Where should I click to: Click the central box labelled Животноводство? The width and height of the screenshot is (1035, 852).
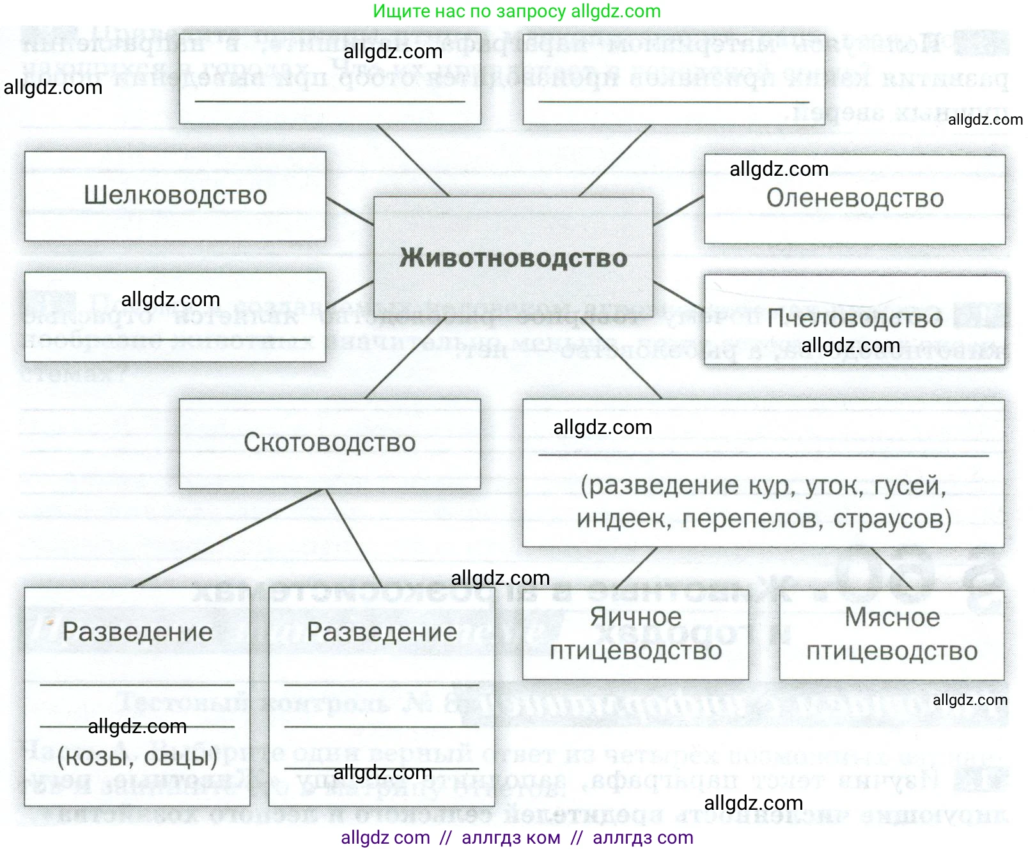[513, 258]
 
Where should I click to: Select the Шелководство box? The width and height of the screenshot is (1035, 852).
[175, 196]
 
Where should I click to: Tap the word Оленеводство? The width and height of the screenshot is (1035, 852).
[855, 198]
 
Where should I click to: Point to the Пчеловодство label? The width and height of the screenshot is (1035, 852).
[855, 318]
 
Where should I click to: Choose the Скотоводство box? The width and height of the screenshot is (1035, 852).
[329, 443]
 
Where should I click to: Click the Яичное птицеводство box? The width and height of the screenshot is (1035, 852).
[635, 634]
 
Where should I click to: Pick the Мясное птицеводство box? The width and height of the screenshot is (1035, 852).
[892, 634]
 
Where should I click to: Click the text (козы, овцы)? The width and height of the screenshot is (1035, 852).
[137, 757]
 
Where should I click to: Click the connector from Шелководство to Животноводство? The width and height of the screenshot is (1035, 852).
[350, 210]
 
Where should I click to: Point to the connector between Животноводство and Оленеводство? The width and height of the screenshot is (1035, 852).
[678, 210]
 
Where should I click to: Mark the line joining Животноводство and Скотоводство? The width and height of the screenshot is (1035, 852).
[406, 358]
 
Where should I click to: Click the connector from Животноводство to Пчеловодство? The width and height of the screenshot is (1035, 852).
[678, 295]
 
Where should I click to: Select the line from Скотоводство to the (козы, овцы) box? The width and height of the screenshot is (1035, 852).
[230, 538]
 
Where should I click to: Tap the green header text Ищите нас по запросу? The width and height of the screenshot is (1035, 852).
[469, 11]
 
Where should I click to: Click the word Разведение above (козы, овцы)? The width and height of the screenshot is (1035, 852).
[137, 632]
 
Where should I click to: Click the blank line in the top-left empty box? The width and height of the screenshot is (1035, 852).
[329, 101]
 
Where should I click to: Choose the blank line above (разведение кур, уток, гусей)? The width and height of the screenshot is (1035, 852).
[763, 455]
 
